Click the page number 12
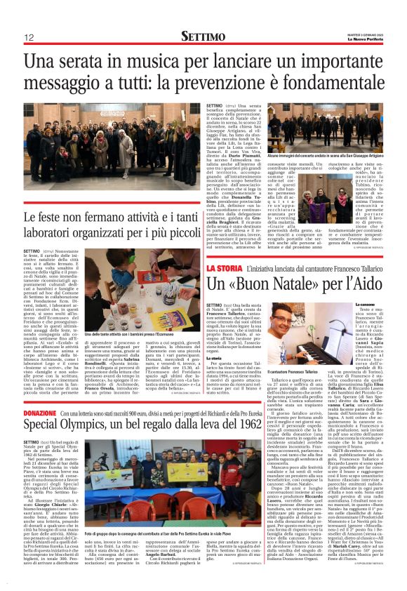[x=29, y=37]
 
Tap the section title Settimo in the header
[x=203, y=36]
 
